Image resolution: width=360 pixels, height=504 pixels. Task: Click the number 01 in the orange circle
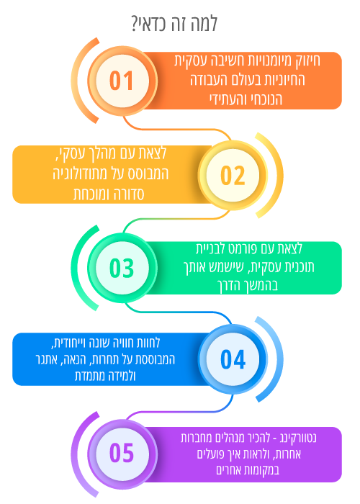coord(121,81)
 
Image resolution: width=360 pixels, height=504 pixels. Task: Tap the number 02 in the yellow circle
coord(233,176)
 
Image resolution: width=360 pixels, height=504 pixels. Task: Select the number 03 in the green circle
coord(121,268)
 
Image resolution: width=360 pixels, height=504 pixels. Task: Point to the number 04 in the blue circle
coord(233,359)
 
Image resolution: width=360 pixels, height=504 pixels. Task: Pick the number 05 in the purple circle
coord(121,453)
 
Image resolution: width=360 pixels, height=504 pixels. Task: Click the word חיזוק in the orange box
coord(307,60)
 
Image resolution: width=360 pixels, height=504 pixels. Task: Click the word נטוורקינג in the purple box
coord(297,438)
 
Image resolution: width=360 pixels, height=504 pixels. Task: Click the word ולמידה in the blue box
coord(122,376)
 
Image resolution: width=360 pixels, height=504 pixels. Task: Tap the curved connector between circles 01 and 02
coord(177,129)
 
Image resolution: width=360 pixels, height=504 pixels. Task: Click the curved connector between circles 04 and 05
coord(179,411)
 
